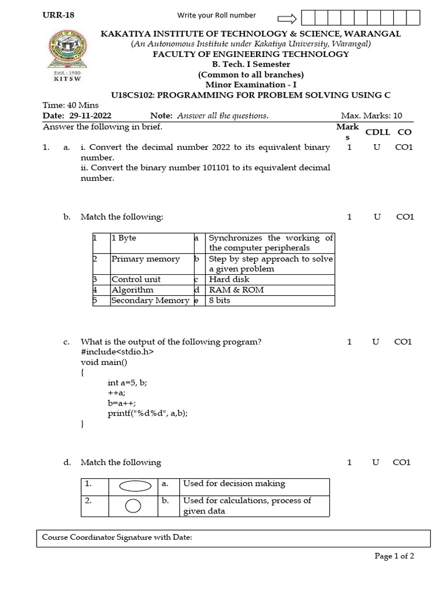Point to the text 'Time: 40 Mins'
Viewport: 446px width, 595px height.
(71, 105)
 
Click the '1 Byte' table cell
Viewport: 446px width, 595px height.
(124, 238)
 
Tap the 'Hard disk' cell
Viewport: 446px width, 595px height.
(229, 279)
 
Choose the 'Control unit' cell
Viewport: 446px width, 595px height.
(136, 279)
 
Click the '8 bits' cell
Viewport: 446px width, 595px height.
(221, 300)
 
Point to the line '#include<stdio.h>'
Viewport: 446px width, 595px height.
(118, 352)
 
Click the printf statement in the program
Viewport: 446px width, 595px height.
(148, 413)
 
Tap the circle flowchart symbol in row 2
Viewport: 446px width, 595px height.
(133, 506)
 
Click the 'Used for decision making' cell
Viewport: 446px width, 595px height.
(234, 483)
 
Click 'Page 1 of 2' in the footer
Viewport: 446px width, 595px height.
(394, 556)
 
